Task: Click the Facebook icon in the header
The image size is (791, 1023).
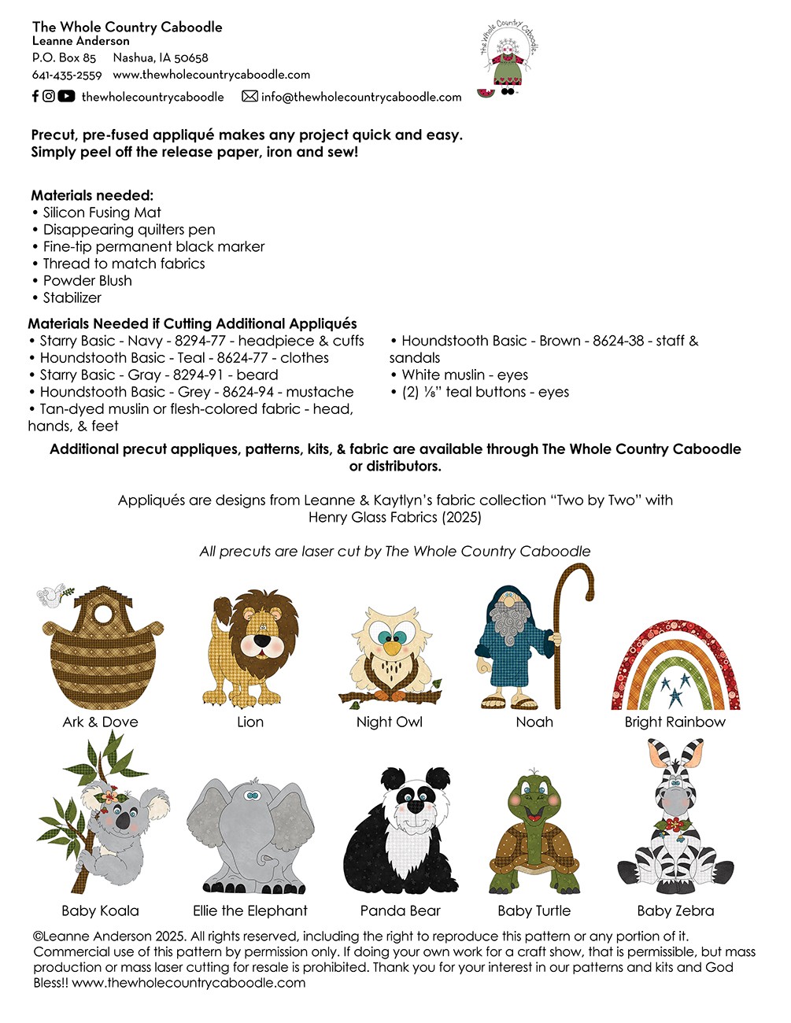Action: click(35, 96)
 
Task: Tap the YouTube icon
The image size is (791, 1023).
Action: click(66, 96)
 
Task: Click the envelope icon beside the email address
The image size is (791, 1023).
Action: click(249, 96)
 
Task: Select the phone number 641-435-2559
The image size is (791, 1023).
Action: click(67, 75)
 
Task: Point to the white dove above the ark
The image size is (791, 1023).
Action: click(54, 596)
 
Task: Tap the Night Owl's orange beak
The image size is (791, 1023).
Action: click(390, 647)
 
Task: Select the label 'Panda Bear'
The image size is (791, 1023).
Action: click(400, 910)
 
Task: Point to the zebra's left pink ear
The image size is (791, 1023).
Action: click(660, 754)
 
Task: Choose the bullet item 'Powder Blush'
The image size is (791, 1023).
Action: click(87, 281)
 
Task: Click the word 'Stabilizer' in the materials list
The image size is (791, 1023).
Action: click(72, 297)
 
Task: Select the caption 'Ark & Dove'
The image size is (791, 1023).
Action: click(100, 722)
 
